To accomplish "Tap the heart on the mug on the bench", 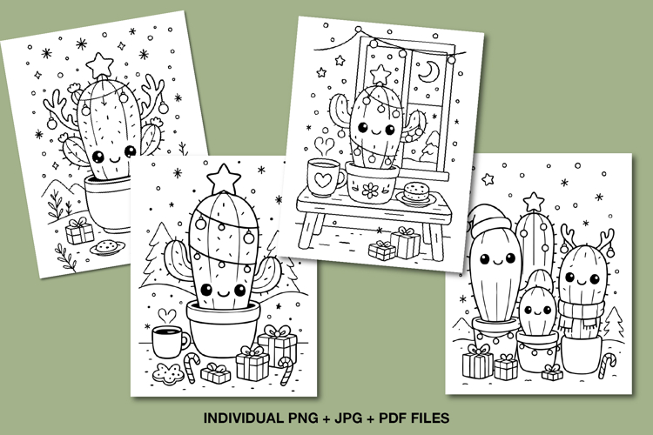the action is click(x=323, y=180).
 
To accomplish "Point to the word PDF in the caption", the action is click(x=394, y=418).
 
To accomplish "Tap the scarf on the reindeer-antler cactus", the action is click(x=582, y=313).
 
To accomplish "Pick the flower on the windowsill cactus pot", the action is click(x=370, y=191).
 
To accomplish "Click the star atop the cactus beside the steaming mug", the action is click(x=224, y=178).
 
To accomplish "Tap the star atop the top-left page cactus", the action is click(x=100, y=65).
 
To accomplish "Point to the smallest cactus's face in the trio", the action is click(x=538, y=310).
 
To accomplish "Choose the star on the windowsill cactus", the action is click(x=380, y=74).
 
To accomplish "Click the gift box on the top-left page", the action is click(x=79, y=231).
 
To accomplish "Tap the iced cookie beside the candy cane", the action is click(x=169, y=373).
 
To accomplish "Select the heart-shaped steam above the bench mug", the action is click(x=325, y=146).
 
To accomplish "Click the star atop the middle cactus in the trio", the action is click(x=533, y=202).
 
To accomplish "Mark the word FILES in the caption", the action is click(x=431, y=418).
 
